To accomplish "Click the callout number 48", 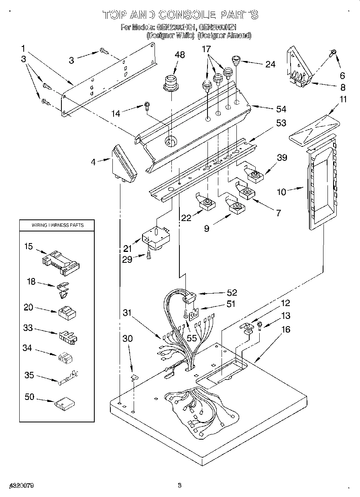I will pyautogui.click(x=180, y=55).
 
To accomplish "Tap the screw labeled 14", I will pyautogui.click(x=147, y=106).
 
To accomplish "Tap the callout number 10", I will pyautogui.click(x=282, y=192).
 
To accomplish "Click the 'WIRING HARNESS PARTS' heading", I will pyautogui.click(x=58, y=225).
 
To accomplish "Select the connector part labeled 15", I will pyautogui.click(x=61, y=264).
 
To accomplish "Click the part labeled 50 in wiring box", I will pyautogui.click(x=65, y=402).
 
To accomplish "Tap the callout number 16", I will pyautogui.click(x=286, y=329).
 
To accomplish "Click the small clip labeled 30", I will pyautogui.click(x=134, y=376).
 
